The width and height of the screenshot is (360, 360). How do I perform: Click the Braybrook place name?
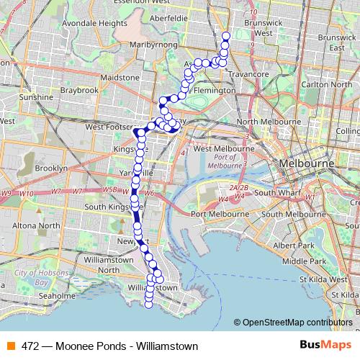point(79,91)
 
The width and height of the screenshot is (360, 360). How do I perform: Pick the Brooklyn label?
point(50,168)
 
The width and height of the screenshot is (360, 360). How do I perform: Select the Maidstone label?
point(120,77)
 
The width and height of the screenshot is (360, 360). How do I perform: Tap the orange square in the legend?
point(10,346)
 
